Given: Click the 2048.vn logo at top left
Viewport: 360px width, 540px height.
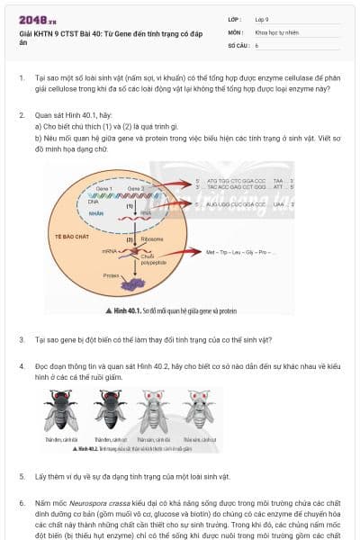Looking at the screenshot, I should coord(32,20).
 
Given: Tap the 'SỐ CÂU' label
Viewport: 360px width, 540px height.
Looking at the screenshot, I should coord(238,44).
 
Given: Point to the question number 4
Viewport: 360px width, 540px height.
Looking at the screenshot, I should coord(22,368).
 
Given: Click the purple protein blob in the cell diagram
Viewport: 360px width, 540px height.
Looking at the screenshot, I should coord(134,283).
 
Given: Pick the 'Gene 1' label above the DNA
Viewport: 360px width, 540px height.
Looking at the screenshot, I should coord(91,188).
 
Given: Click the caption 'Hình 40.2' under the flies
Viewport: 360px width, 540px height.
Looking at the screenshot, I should coord(88,447).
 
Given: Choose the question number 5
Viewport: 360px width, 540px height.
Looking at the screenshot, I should coord(22,475).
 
